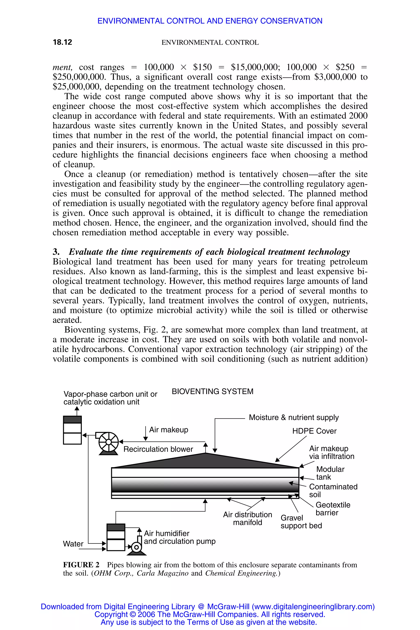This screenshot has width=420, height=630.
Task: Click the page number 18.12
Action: tap(62, 42)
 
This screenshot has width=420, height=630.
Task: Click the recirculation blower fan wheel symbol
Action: tap(108, 442)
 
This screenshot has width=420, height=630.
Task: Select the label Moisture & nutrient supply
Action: tap(294, 417)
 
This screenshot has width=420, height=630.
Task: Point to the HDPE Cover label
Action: tap(314, 431)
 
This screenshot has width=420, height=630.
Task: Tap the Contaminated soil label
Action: tap(333, 491)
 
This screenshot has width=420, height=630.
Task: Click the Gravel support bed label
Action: tap(301, 522)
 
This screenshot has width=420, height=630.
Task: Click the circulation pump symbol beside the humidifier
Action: tap(137, 547)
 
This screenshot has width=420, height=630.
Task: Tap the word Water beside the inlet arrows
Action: tap(73, 544)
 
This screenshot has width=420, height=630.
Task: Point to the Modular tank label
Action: tap(330, 473)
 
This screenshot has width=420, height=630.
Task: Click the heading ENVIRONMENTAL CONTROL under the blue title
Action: tap(210, 43)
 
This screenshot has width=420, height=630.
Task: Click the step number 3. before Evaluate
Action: tap(56, 252)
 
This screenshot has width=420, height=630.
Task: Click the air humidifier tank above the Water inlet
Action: tap(116, 537)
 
